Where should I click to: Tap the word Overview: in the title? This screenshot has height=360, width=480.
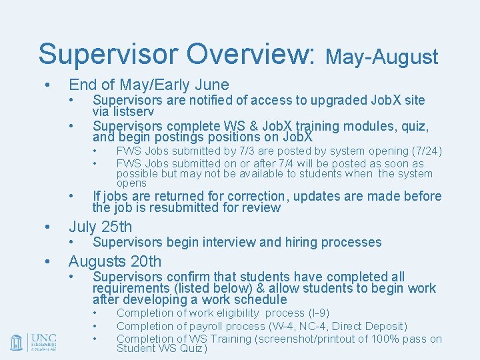259,54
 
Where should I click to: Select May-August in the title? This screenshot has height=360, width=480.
382,57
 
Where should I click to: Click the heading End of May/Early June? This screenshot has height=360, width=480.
149,85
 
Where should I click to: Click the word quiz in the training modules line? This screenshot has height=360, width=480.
413,126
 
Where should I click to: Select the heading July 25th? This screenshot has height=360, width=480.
101,227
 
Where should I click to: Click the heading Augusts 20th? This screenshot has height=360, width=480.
115,261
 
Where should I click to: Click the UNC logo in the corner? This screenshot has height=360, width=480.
33,342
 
